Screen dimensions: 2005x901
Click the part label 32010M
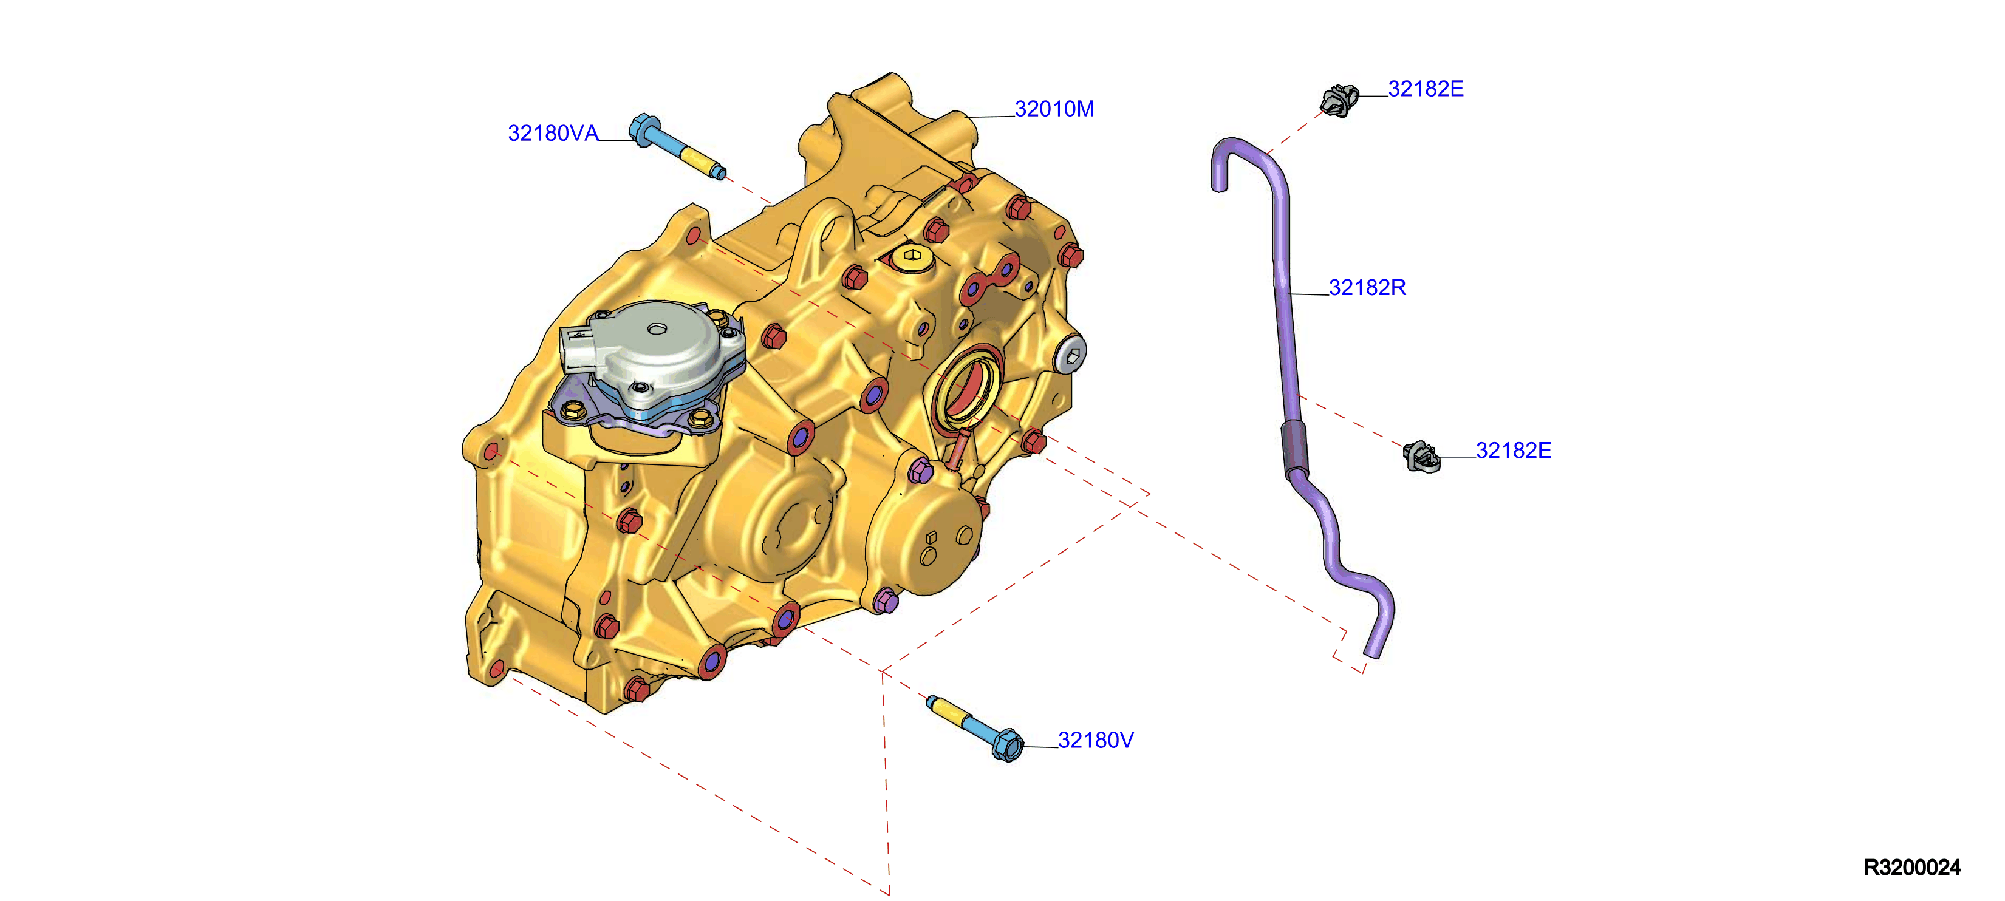coord(1054,109)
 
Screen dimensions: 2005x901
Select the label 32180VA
coord(553,133)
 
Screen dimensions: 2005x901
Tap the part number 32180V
coord(1096,740)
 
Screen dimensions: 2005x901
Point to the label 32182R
coord(1367,288)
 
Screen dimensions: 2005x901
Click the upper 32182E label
coord(1426,89)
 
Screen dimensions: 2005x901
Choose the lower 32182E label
coord(1514,450)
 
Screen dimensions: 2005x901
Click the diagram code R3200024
coord(1913,868)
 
